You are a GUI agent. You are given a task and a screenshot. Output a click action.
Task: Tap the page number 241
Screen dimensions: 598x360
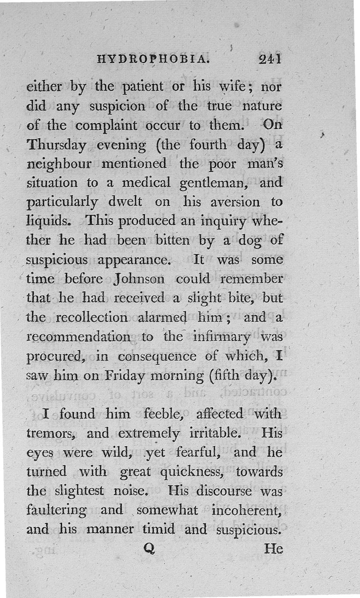(270, 58)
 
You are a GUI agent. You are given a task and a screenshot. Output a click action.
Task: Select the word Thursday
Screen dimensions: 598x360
(57, 146)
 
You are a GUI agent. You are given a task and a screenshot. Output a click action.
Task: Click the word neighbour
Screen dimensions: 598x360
(59, 164)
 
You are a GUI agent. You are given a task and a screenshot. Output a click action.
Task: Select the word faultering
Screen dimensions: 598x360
(57, 510)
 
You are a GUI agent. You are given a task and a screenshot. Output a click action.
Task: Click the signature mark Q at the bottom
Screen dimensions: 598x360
(149, 549)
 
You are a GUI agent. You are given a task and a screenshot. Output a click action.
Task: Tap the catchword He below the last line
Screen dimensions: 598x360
(274, 549)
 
